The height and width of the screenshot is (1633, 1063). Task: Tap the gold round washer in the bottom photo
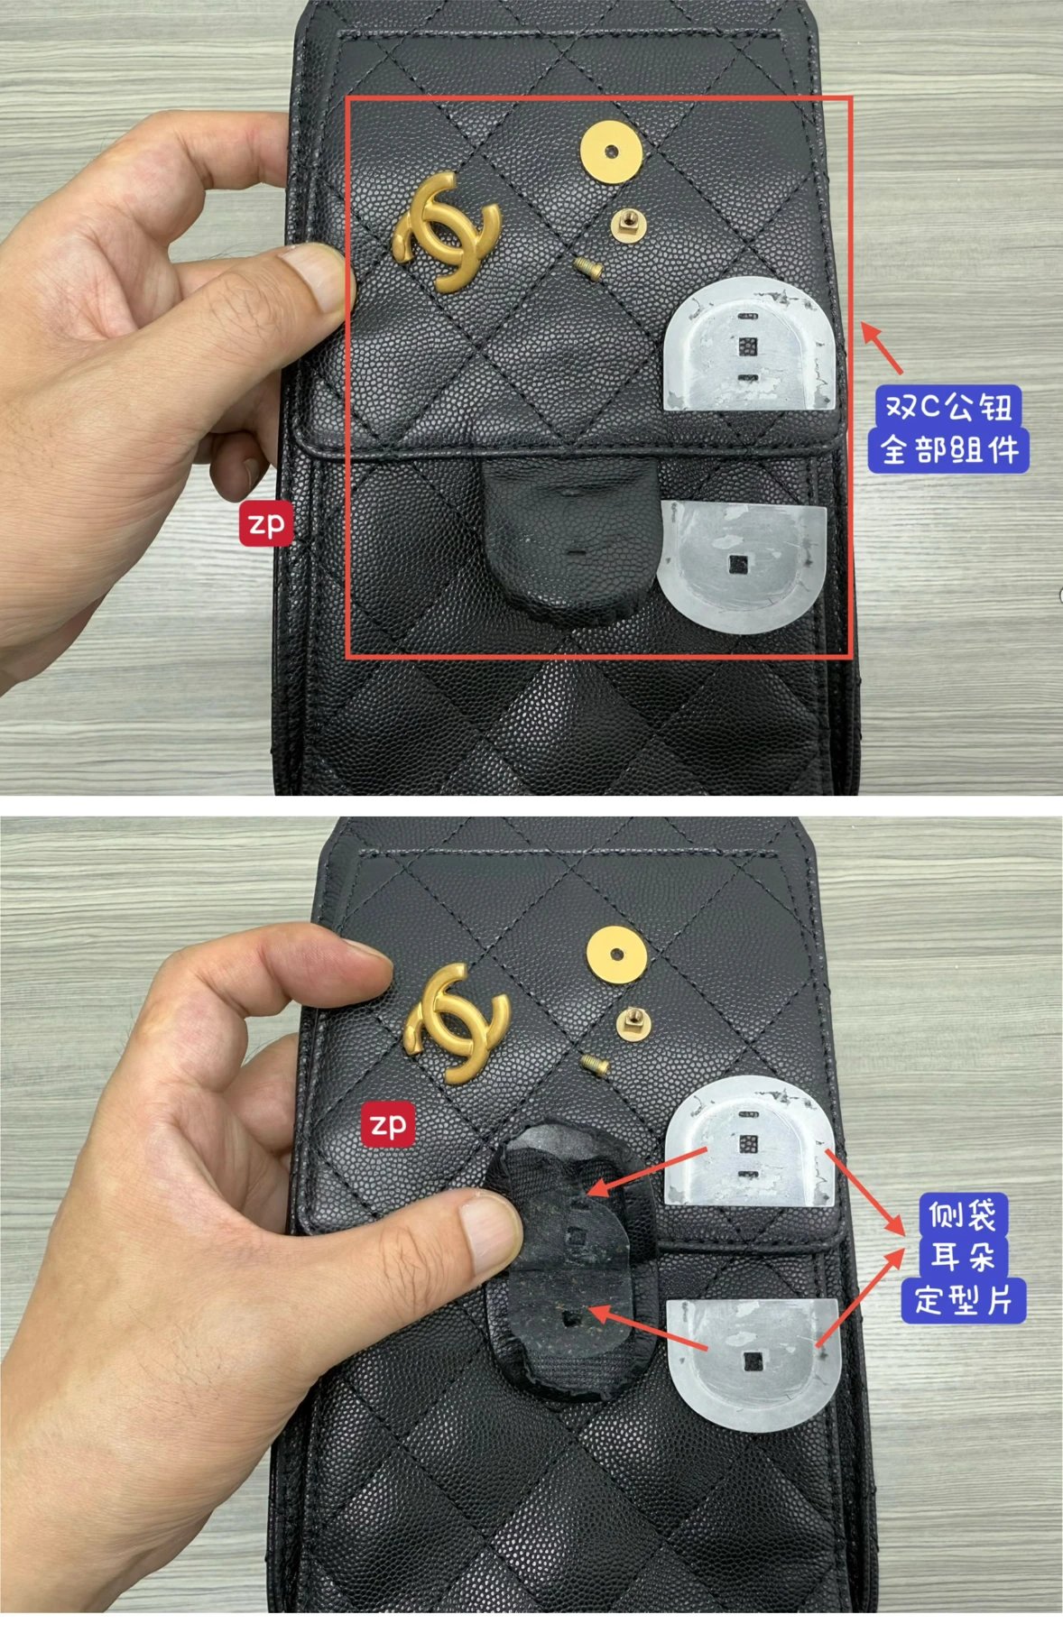(617, 953)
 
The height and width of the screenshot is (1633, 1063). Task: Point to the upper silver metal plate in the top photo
(748, 346)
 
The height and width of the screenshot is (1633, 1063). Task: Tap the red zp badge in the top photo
(266, 523)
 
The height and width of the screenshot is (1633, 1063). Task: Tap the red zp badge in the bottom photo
(389, 1124)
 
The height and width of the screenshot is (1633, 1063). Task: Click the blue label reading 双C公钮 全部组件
(948, 429)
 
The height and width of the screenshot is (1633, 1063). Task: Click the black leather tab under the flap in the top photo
(564, 534)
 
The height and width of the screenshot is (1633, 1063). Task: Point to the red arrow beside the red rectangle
(882, 348)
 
